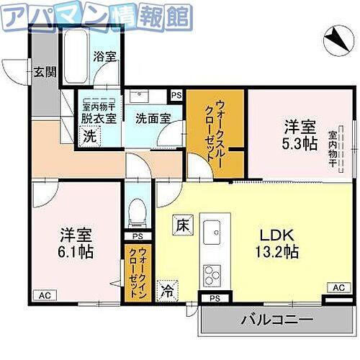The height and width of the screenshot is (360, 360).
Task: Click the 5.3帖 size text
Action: point(300,144)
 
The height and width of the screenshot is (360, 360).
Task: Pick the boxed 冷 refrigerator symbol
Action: point(167,290)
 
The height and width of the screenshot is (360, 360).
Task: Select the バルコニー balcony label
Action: point(276,319)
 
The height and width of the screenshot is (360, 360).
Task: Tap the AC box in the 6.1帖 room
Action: point(43,295)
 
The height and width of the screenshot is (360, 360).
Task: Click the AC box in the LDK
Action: point(337,287)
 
